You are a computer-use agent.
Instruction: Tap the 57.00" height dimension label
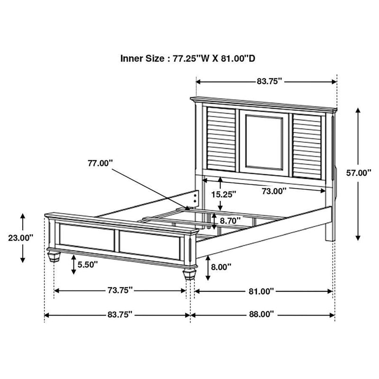(358, 173)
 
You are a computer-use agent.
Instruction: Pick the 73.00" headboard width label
(274, 191)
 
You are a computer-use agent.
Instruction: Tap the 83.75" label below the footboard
(119, 314)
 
